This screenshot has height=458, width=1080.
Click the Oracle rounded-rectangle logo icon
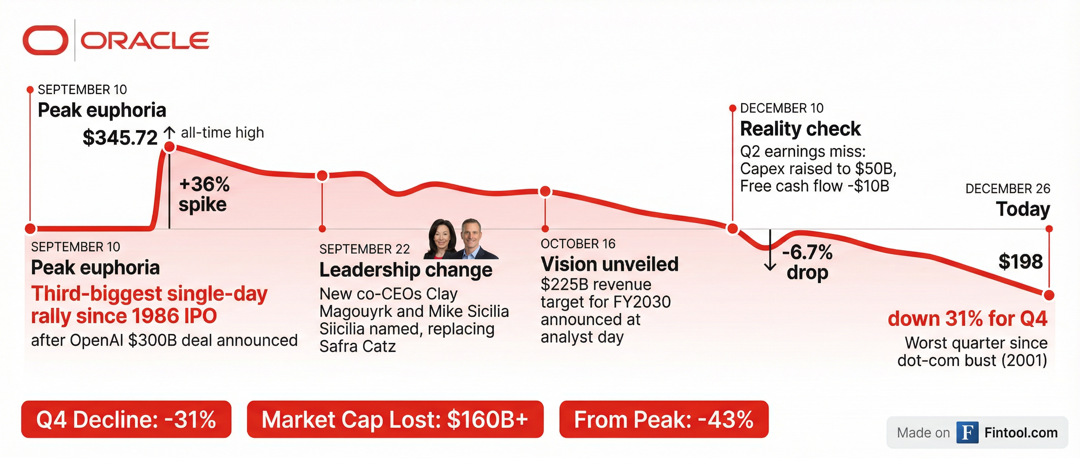pos(45,40)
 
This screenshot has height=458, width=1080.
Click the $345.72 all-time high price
pos(120,137)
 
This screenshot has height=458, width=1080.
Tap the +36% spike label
pos(204,195)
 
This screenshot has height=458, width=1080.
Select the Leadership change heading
pos(406,270)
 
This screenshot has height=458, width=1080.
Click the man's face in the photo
pos(471,235)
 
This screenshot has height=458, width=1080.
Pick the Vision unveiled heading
pos(610,264)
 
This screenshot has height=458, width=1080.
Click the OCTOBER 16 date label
pos(578,244)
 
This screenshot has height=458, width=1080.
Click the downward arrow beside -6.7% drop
pos(770,250)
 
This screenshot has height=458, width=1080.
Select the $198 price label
pos(1020,261)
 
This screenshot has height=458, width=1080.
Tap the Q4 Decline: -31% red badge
pos(126,419)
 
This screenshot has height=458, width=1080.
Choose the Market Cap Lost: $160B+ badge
pos(395,419)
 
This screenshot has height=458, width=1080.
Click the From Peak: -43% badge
pos(664,419)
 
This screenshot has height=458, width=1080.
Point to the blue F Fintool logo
pos(967,432)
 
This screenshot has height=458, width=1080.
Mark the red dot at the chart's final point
pos(1049,295)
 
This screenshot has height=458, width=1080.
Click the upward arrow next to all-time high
pos(169,133)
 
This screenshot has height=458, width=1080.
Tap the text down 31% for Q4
pos(967,319)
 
